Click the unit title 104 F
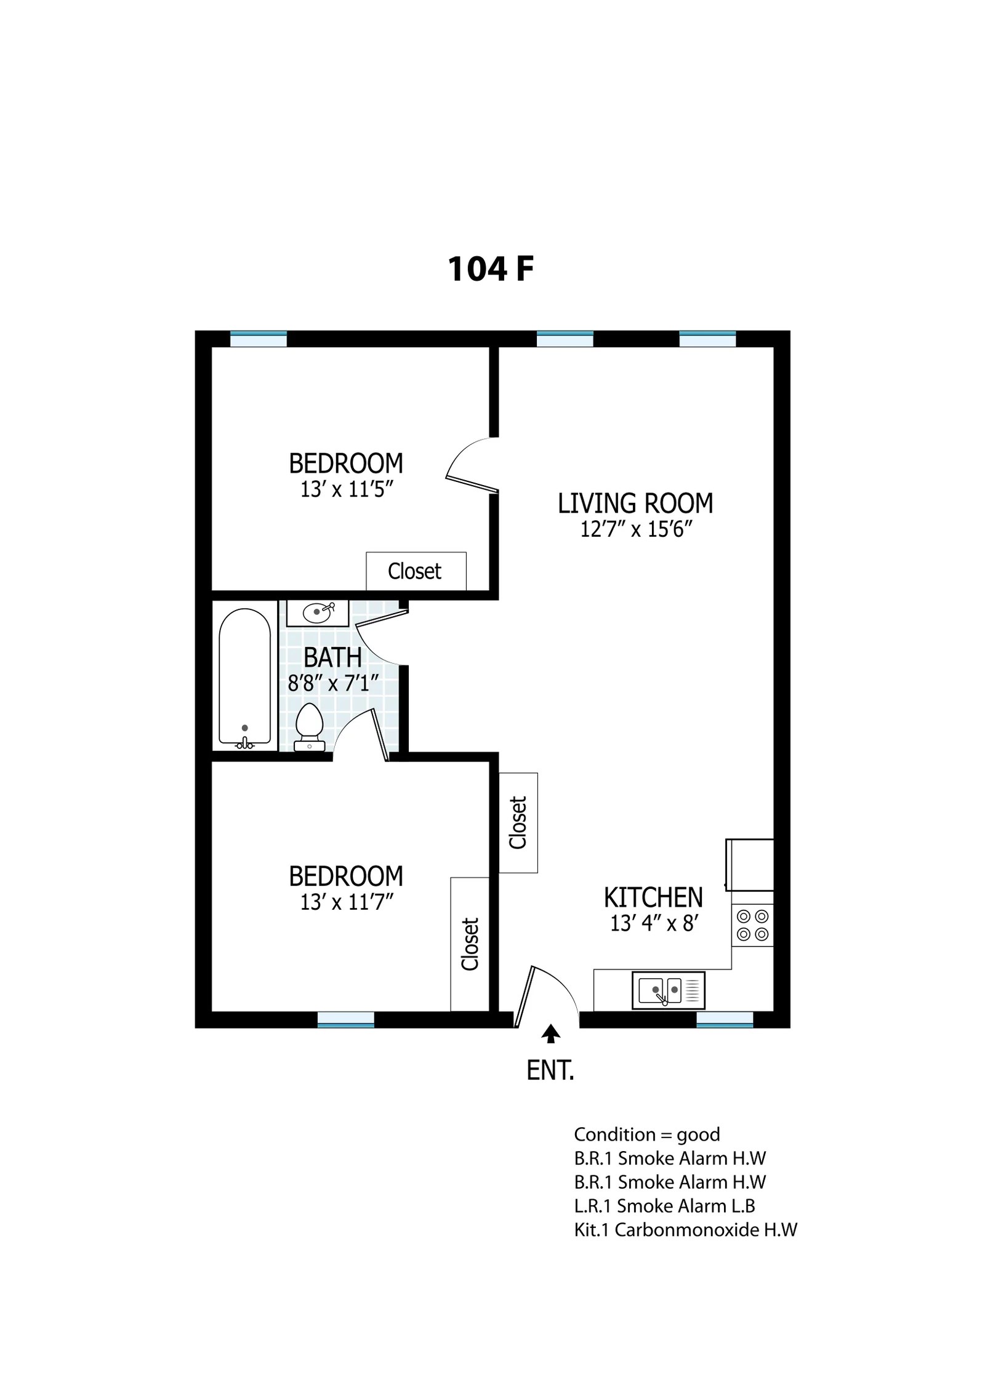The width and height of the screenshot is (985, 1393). [490, 270]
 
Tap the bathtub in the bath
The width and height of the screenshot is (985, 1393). [244, 678]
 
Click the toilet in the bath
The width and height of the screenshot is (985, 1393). [309, 727]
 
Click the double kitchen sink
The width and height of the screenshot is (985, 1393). [668, 990]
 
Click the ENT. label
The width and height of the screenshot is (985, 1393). [550, 1072]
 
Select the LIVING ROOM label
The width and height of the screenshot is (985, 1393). [635, 504]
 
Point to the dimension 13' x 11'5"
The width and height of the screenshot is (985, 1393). [347, 489]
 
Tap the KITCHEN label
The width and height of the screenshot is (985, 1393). [653, 897]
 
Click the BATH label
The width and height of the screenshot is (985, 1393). [332, 658]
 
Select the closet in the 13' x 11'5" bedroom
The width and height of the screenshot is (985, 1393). [416, 571]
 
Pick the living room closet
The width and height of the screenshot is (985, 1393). [518, 823]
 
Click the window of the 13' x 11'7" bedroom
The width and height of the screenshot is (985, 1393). [346, 1020]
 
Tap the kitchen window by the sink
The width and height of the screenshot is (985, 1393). [725, 1020]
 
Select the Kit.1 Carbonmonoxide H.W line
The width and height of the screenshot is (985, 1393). [686, 1230]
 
